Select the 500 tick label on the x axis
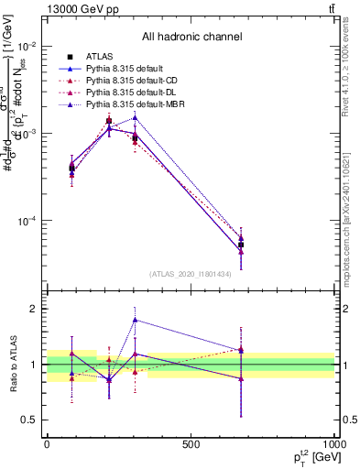click(x=191, y=443)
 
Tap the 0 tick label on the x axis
click(x=47, y=443)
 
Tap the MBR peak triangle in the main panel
click(x=135, y=117)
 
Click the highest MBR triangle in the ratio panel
click(x=135, y=320)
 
